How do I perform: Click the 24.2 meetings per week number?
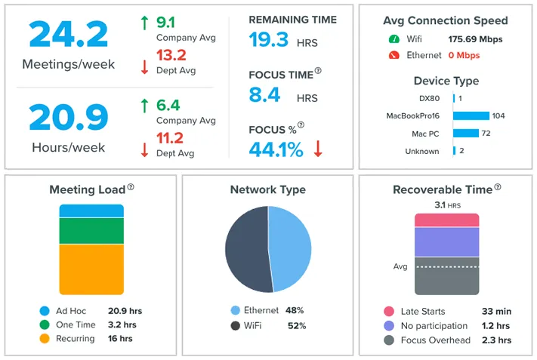68,35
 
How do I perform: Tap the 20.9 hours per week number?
68,118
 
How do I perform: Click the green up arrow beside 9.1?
144,23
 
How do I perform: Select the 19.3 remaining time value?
268,40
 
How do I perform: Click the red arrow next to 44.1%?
318,149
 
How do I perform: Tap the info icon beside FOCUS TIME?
318,71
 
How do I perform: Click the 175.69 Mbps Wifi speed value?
475,39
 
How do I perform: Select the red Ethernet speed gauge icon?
393,55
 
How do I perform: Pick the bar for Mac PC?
465,133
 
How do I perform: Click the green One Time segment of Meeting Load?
91,231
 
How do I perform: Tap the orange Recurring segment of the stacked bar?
91,269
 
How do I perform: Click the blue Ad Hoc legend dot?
45,311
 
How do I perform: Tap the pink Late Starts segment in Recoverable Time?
446,220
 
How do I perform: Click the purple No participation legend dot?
388,326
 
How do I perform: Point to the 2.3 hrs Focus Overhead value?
496,340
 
